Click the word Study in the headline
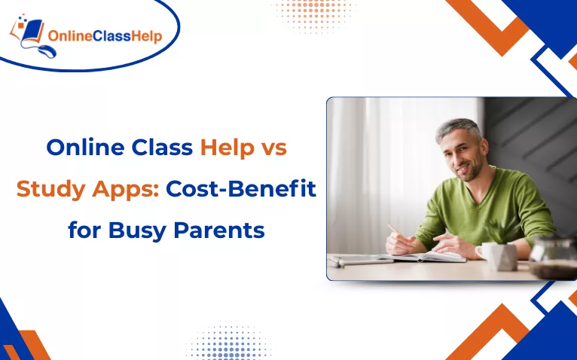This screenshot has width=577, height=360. pos(47,189)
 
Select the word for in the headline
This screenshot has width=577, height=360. pos(82,230)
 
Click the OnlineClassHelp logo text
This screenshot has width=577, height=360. pos(105,36)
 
